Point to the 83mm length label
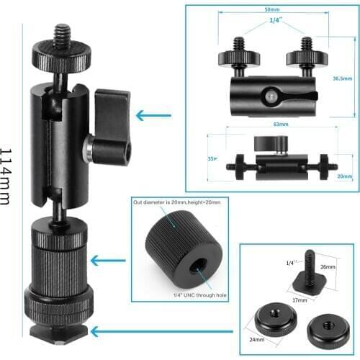click(281, 125)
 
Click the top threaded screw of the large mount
click(60, 36)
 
